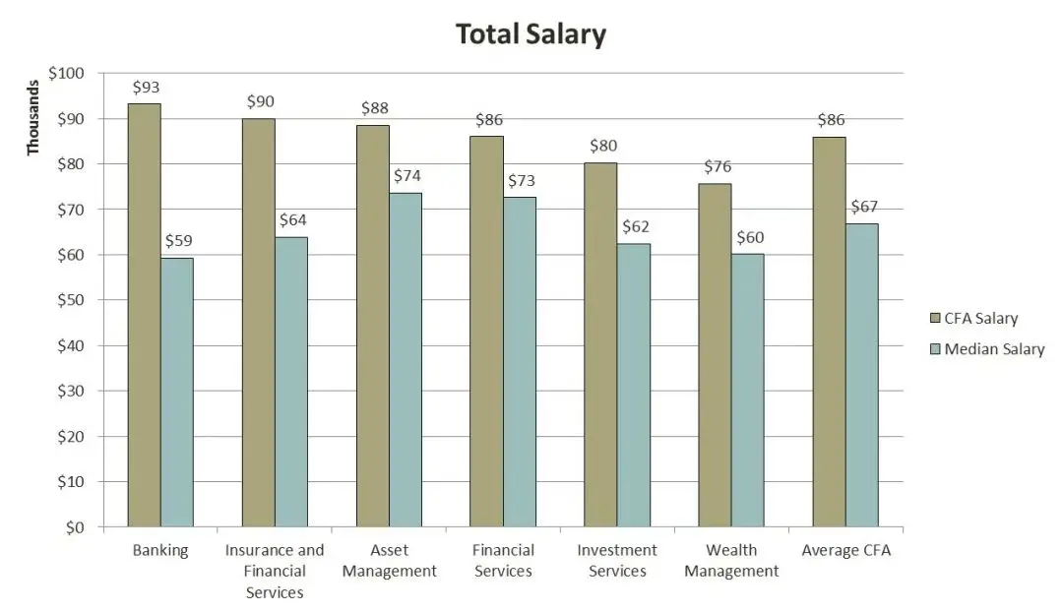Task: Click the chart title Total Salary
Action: pos(531,35)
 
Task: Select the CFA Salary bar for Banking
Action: pos(144,315)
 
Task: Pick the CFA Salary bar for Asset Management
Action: pos(372,326)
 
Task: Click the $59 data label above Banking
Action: pos(178,240)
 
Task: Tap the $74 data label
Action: pos(407,176)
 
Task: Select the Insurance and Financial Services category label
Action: pos(275,571)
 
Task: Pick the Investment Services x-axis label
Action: pos(617,561)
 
